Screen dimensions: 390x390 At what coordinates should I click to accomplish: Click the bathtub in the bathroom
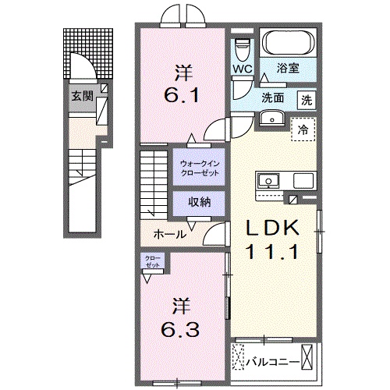click(285, 42)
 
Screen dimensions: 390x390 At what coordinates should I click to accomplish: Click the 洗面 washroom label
click(271, 99)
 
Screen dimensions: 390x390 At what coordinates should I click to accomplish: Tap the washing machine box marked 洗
click(309, 99)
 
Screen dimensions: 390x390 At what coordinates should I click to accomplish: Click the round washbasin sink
click(271, 118)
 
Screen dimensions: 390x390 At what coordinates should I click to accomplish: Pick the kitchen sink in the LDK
click(270, 180)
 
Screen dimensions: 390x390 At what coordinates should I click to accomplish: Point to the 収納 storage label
click(199, 201)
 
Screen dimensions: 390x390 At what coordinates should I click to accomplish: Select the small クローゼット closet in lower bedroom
click(152, 261)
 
